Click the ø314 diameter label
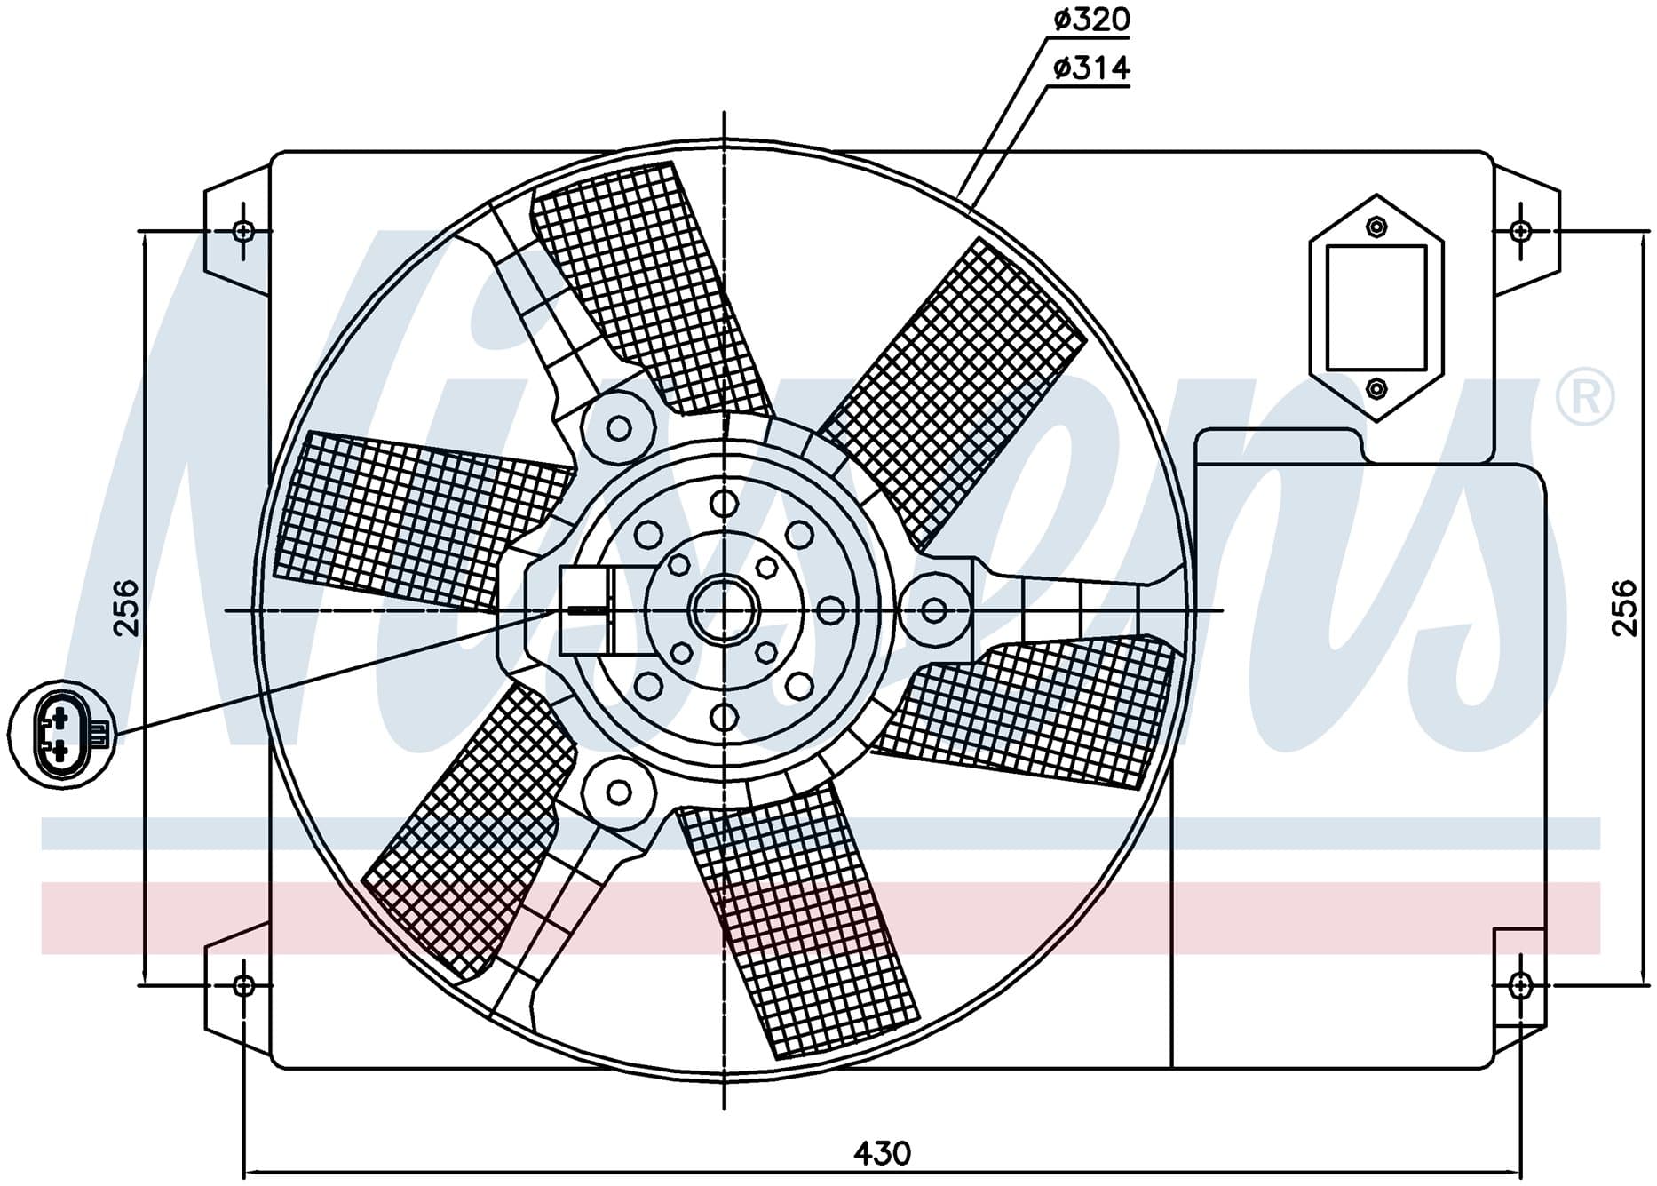pyautogui.click(x=1091, y=68)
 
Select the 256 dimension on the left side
pyautogui.click(x=127, y=608)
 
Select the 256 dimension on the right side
pyautogui.click(x=1623, y=608)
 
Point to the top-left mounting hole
pyautogui.click(x=244, y=232)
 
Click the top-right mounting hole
pyautogui.click(x=1521, y=232)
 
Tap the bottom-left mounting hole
pyautogui.click(x=244, y=984)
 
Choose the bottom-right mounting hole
pyautogui.click(x=1521, y=984)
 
